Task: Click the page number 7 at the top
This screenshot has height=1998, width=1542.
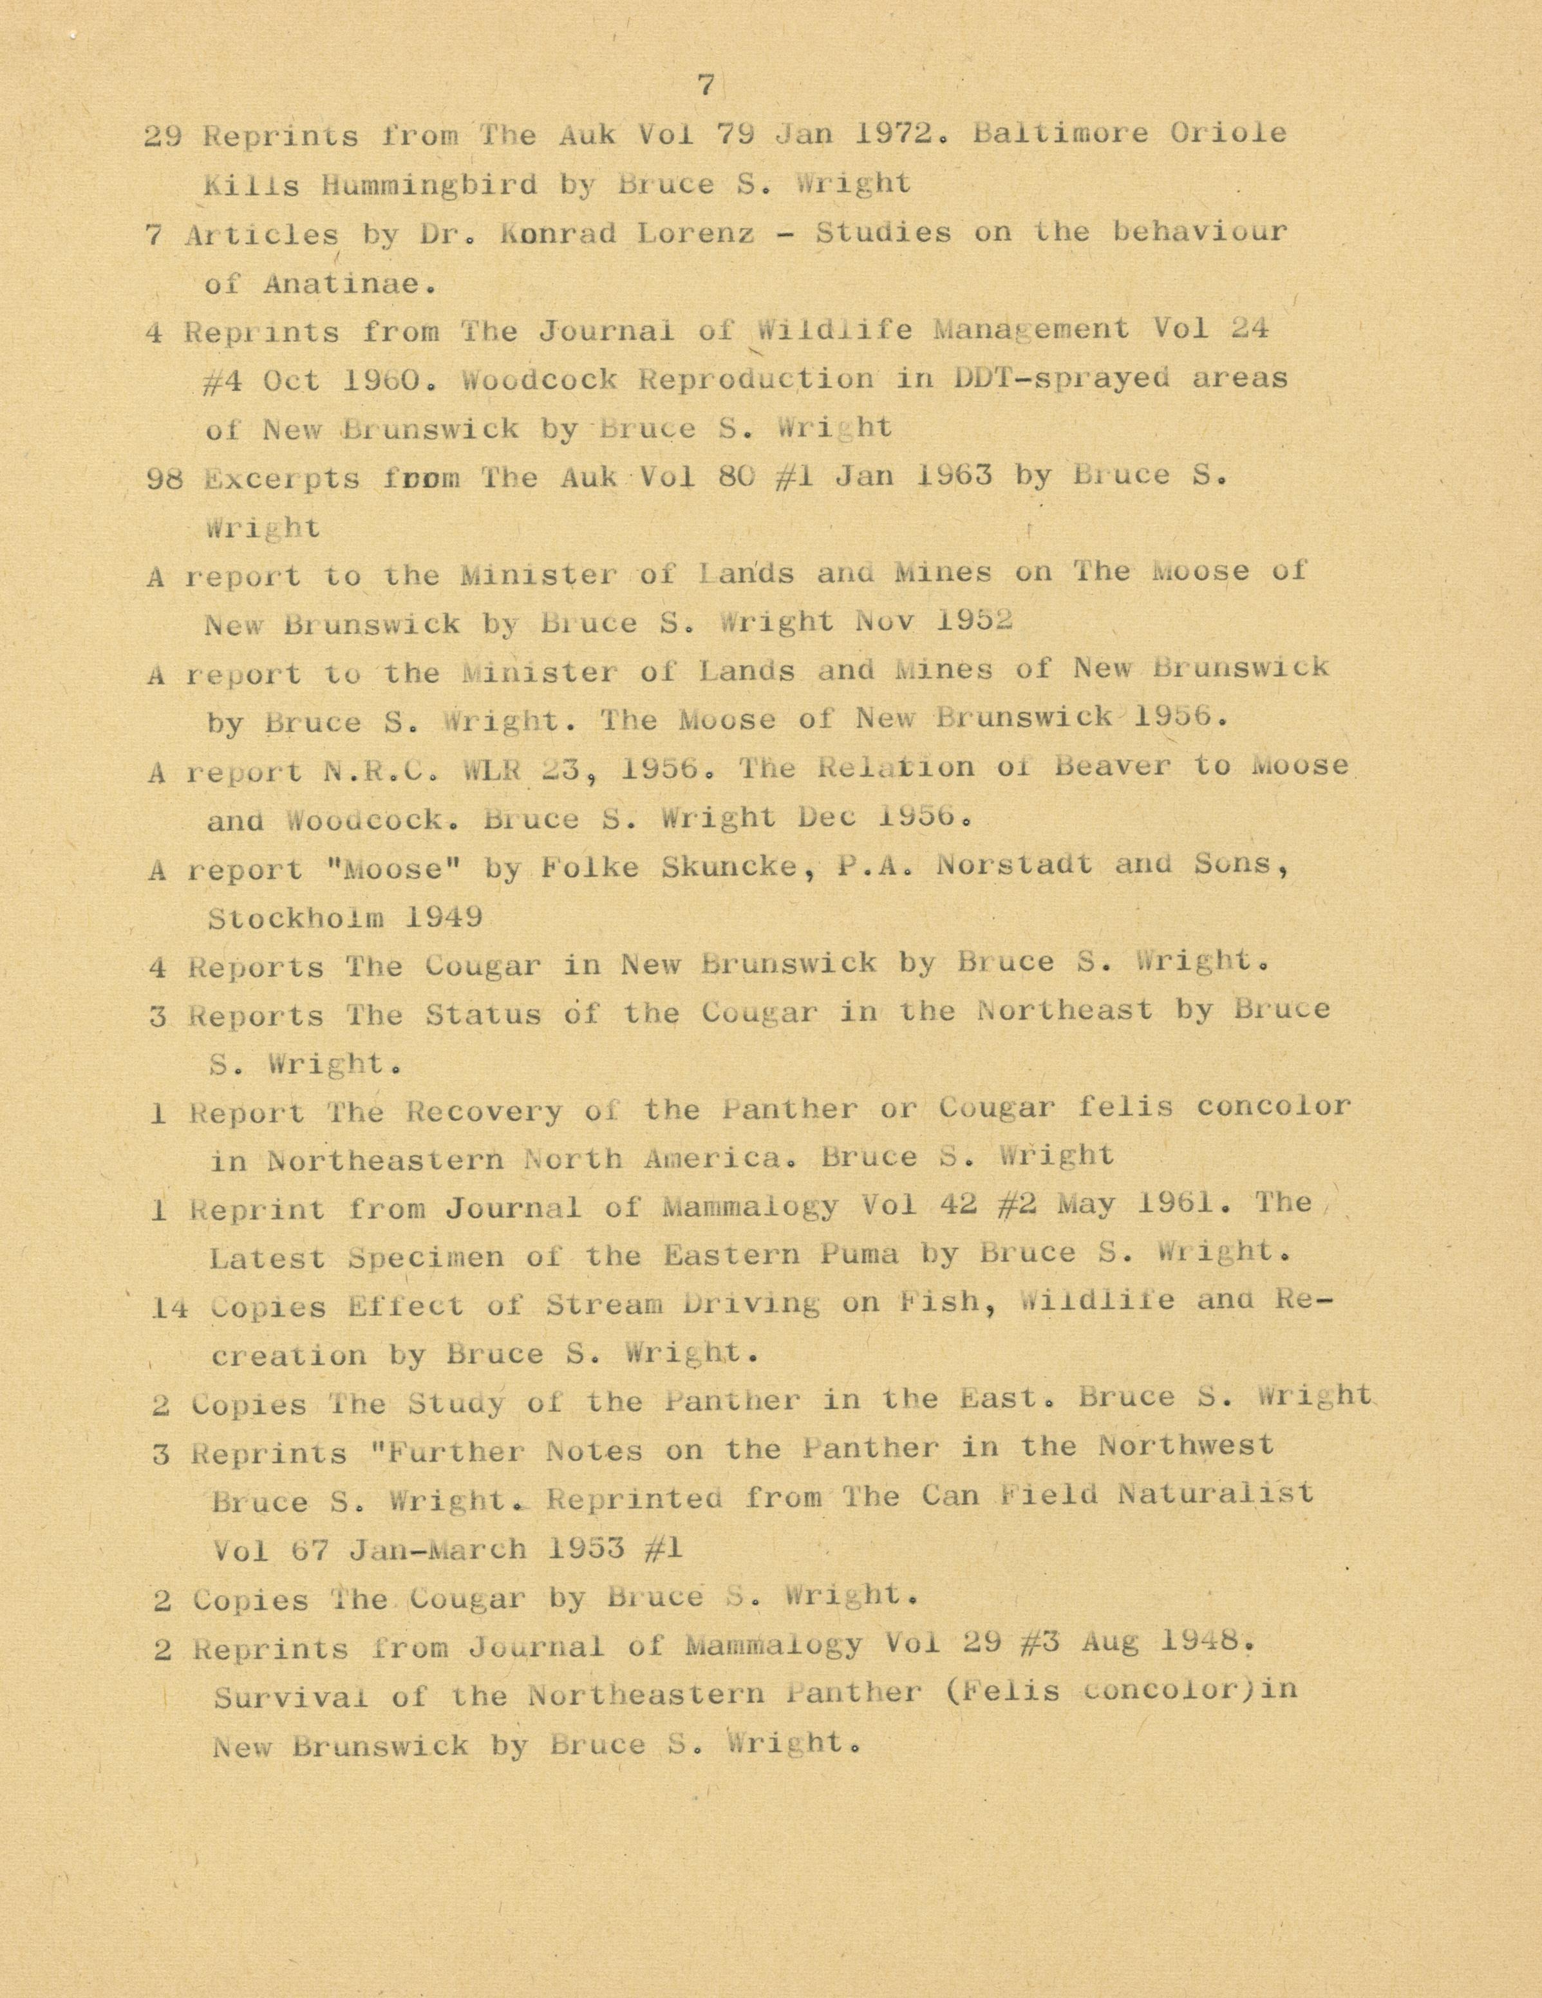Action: point(705,86)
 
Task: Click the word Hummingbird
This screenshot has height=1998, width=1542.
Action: point(429,185)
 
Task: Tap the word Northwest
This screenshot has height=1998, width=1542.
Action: point(1185,1446)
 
